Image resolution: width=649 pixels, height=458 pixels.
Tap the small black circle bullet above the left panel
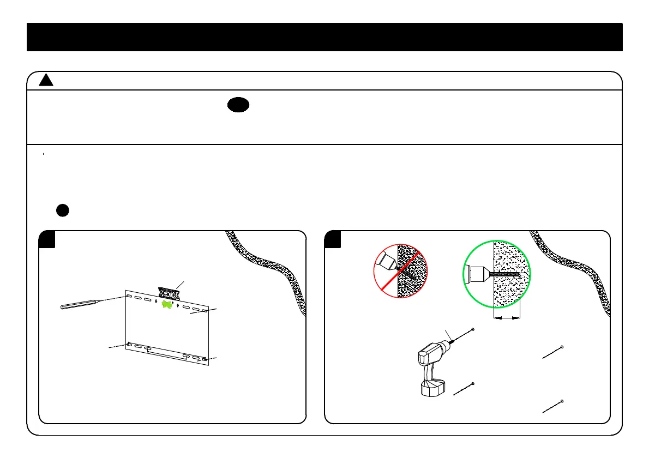pyautogui.click(x=62, y=210)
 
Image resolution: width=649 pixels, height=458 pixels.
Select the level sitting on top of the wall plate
pyautogui.click(x=169, y=293)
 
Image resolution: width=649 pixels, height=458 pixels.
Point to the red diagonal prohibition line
pyautogui.click(x=400, y=272)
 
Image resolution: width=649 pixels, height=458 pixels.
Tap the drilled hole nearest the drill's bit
pyautogui.click(x=472, y=330)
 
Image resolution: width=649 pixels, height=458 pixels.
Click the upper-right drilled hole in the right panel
pyautogui.click(x=561, y=347)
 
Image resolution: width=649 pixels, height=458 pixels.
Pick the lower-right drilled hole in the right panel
pyautogui.click(x=562, y=401)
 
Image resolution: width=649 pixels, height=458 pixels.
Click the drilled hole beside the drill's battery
pyautogui.click(x=472, y=384)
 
